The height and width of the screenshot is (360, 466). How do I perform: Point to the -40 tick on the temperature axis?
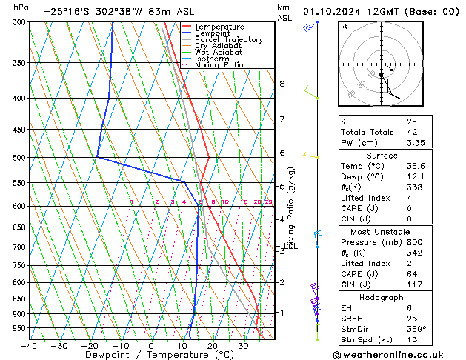(30, 345)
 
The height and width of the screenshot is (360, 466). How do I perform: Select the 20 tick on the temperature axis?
(212, 345)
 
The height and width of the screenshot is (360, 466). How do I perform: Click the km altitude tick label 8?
(282, 84)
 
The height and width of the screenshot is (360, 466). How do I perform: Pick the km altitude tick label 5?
(282, 187)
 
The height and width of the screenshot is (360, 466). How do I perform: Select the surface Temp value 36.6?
(416, 167)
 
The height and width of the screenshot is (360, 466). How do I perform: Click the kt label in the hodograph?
(344, 26)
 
